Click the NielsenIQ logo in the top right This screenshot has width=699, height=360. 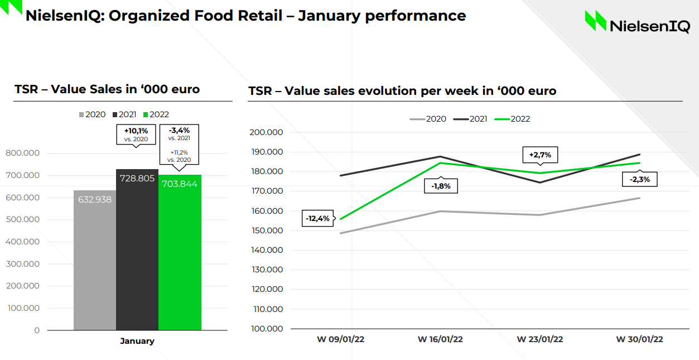637,22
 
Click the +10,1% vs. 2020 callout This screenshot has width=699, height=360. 136,135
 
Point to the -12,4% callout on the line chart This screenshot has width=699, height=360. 317,218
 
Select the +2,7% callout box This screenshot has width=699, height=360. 539,155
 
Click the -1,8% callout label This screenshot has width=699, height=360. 441,186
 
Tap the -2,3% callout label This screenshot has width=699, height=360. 639,179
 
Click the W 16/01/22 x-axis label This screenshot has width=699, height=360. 440,339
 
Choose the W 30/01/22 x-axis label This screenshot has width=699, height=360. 639,339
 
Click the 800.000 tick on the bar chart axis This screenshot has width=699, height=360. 22,153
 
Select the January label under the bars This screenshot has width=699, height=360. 137,341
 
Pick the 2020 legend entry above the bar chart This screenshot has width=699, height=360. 92,114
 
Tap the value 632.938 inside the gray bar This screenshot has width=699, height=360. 95,199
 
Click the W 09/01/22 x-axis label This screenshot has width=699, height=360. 341,339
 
